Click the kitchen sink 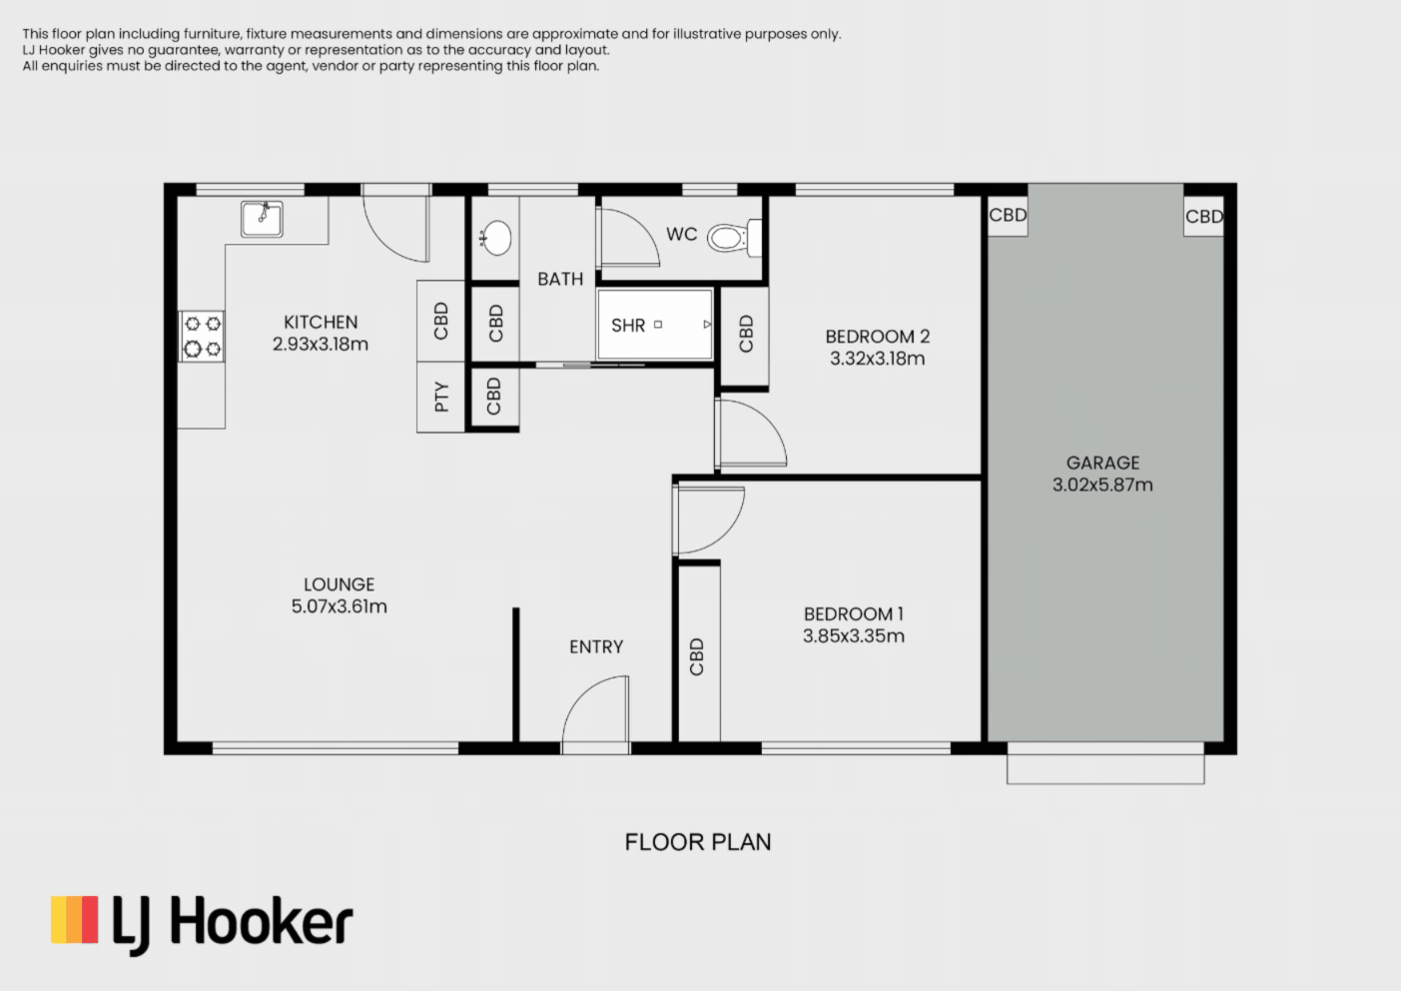pyautogui.click(x=262, y=219)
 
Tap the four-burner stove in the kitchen pyautogui.click(x=202, y=337)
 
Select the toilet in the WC pyautogui.click(x=735, y=238)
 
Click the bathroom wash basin pyautogui.click(x=495, y=238)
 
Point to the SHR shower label pyautogui.click(x=628, y=326)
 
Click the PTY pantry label pyautogui.click(x=441, y=398)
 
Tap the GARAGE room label pyautogui.click(x=1102, y=463)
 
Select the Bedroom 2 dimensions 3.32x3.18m pyautogui.click(x=877, y=359)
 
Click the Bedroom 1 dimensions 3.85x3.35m pyautogui.click(x=854, y=636)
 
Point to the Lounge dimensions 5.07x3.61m pyautogui.click(x=339, y=606)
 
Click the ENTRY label pyautogui.click(x=596, y=647)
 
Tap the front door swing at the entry pyautogui.click(x=597, y=711)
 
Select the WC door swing pyautogui.click(x=627, y=237)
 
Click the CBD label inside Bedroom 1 pyautogui.click(x=697, y=656)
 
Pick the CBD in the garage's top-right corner pyautogui.click(x=1203, y=217)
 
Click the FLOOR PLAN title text pyautogui.click(x=698, y=842)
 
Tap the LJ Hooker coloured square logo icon pyautogui.click(x=75, y=920)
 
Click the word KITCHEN pyautogui.click(x=321, y=322)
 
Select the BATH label pyautogui.click(x=560, y=280)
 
